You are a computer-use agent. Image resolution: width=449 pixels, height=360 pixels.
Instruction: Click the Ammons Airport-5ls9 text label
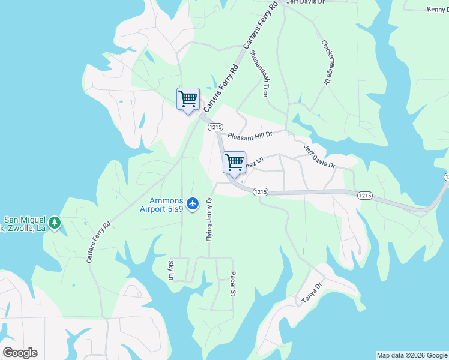pyautogui.click(x=166, y=204)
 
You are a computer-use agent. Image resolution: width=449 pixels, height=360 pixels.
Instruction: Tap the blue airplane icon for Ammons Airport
pyautogui.click(x=192, y=204)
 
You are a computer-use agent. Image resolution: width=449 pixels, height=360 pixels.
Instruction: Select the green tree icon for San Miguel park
pyautogui.click(x=55, y=223)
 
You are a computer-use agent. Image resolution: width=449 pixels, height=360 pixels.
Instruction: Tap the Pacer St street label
pyautogui.click(x=232, y=284)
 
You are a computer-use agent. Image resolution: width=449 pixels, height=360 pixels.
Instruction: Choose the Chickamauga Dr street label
pyautogui.click(x=327, y=62)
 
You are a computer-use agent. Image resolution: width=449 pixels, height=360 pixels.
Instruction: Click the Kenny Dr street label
pyautogui.click(x=438, y=10)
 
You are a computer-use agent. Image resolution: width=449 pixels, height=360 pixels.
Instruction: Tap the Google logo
pyautogui.click(x=20, y=353)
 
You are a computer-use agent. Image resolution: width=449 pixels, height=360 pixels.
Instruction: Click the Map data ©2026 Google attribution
pyautogui.click(x=412, y=355)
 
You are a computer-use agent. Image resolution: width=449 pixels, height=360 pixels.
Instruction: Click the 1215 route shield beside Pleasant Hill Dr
pyautogui.click(x=216, y=127)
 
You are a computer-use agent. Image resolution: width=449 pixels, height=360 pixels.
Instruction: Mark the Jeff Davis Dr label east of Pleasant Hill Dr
pyautogui.click(x=319, y=157)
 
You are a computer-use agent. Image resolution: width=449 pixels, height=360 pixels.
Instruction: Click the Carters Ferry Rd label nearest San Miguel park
pyautogui.click(x=98, y=242)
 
